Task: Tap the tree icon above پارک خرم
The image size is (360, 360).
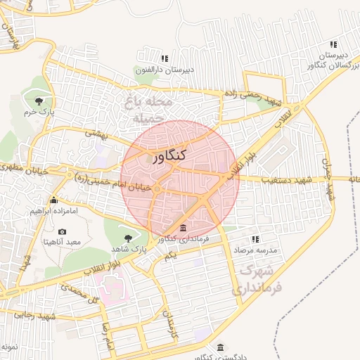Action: click(x=48, y=98)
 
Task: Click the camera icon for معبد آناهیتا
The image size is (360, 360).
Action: click(x=63, y=231)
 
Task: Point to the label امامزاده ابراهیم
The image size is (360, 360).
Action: click(x=54, y=210)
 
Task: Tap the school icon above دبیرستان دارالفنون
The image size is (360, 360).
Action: click(x=165, y=59)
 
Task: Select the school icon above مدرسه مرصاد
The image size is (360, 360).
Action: click(x=255, y=240)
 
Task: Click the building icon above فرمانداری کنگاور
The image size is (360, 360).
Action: click(x=184, y=229)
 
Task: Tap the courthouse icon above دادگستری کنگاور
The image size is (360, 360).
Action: click(x=221, y=348)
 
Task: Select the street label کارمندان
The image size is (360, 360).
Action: click(x=171, y=321)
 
